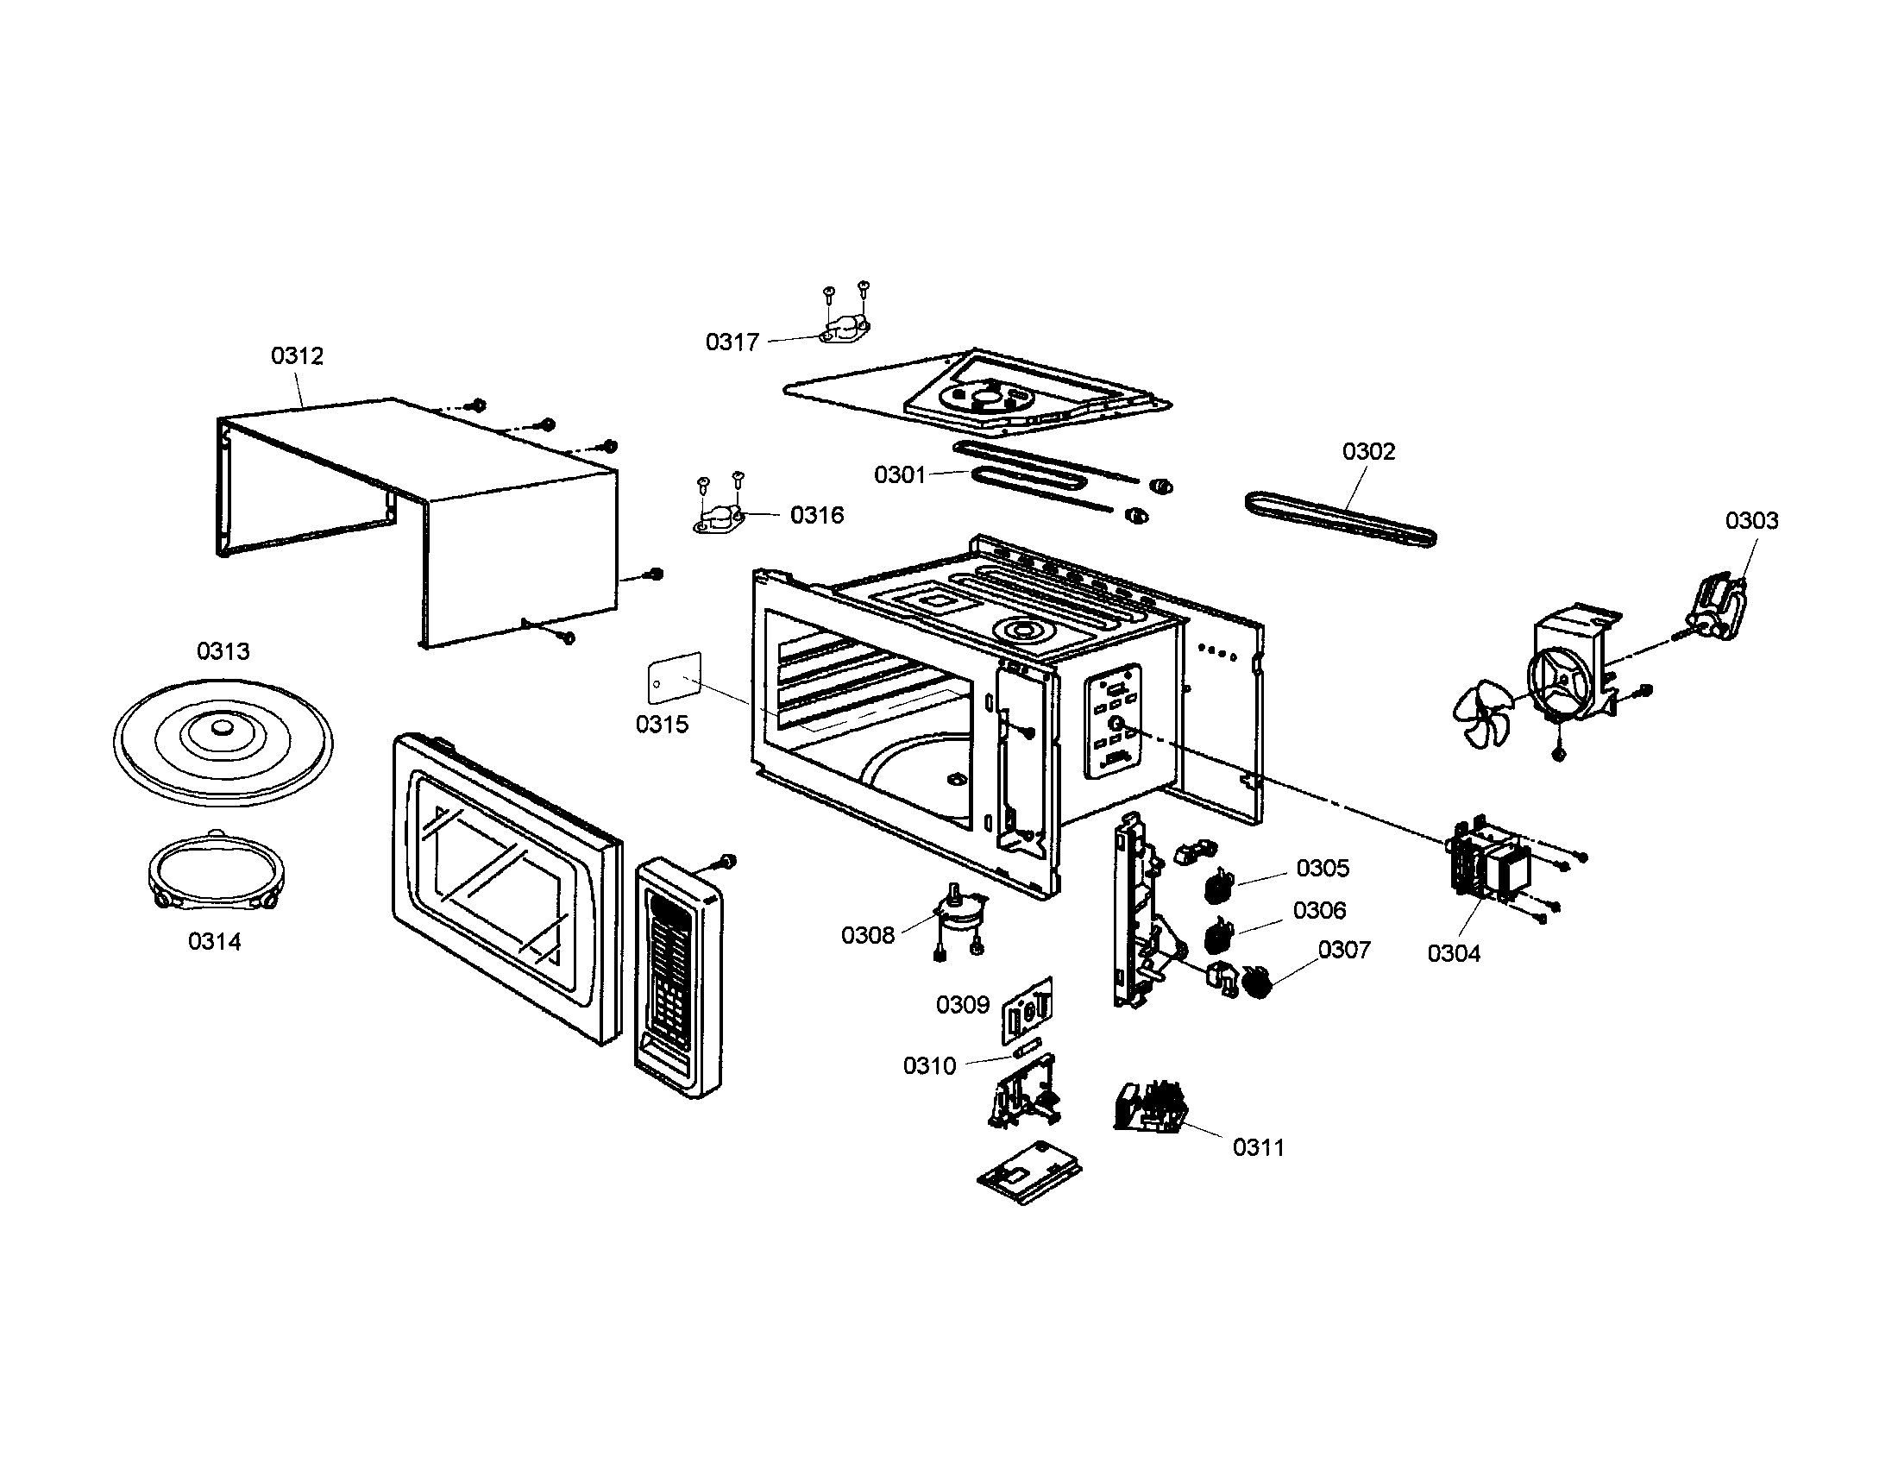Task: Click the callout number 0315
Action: (x=662, y=724)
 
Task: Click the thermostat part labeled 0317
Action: (x=842, y=331)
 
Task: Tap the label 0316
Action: (x=816, y=515)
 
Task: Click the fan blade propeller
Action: (x=1482, y=713)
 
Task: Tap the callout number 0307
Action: (x=1343, y=950)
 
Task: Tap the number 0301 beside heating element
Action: (x=900, y=474)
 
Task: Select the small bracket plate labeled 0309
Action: (x=1028, y=1008)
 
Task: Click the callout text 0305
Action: (x=1322, y=868)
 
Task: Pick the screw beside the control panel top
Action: (x=727, y=861)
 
